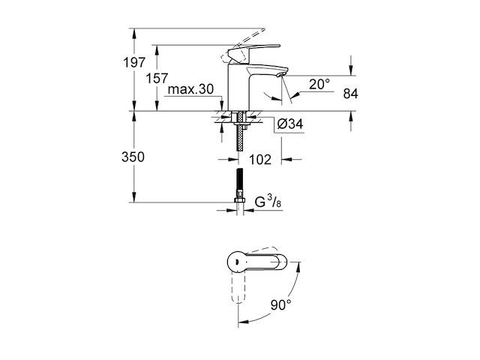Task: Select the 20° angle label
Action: pos(319,85)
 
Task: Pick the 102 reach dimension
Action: pos(259,159)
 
